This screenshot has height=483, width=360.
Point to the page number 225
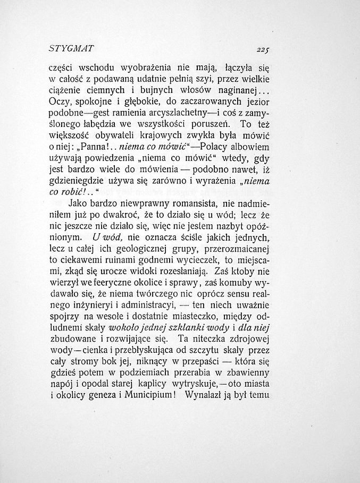point(263,49)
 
